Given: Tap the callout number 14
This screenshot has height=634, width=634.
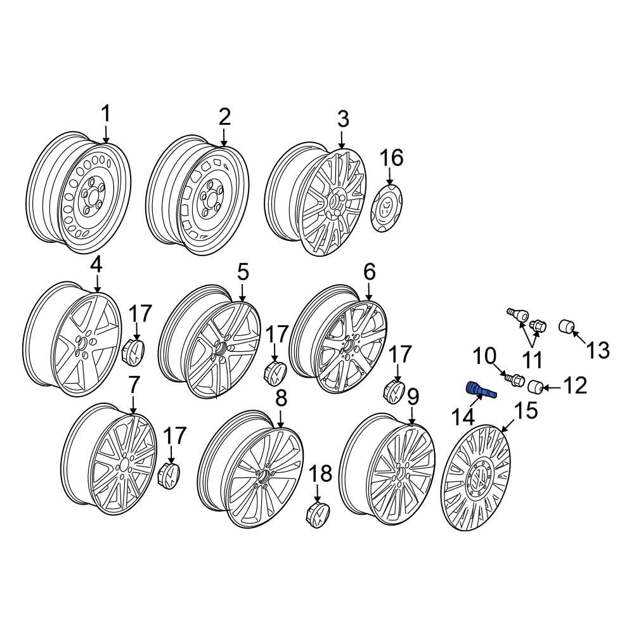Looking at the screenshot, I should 463,417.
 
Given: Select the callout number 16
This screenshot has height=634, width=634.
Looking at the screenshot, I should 392,157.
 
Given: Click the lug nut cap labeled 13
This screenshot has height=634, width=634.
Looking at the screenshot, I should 566,327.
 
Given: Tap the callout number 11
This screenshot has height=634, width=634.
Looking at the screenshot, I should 532,361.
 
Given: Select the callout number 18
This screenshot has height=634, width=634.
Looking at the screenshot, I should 321,473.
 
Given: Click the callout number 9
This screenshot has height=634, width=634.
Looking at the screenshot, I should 413,398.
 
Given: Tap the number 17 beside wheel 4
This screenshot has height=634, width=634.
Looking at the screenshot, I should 141,313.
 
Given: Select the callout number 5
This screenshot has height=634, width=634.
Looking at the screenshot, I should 243,273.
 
